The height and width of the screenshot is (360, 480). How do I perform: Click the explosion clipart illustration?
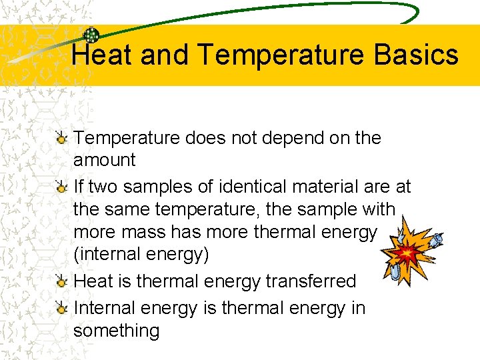pos(408,254)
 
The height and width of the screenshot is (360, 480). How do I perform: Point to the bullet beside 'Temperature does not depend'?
pos(61,139)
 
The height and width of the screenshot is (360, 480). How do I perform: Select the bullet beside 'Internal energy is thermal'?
pos(61,308)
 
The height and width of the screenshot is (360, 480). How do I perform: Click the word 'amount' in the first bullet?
pos(105,160)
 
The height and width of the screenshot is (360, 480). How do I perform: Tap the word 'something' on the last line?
pos(117,331)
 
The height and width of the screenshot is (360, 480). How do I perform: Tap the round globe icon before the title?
pos(91,35)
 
